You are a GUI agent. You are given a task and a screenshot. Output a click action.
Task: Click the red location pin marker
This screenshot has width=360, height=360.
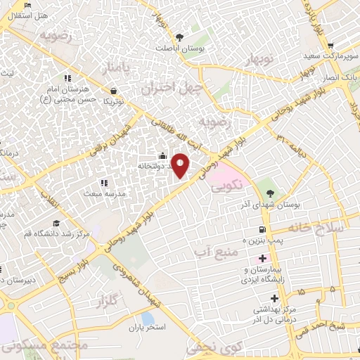tap(181, 165)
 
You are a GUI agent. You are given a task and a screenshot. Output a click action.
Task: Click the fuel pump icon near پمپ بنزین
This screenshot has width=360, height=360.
tap(262, 229)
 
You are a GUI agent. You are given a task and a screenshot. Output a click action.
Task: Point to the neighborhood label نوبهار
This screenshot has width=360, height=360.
tap(258, 63)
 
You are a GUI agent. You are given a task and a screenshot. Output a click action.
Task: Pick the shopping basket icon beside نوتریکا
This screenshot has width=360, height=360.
tap(114, 90)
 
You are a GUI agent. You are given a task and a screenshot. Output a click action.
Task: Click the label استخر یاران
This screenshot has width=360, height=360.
tap(146, 327)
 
